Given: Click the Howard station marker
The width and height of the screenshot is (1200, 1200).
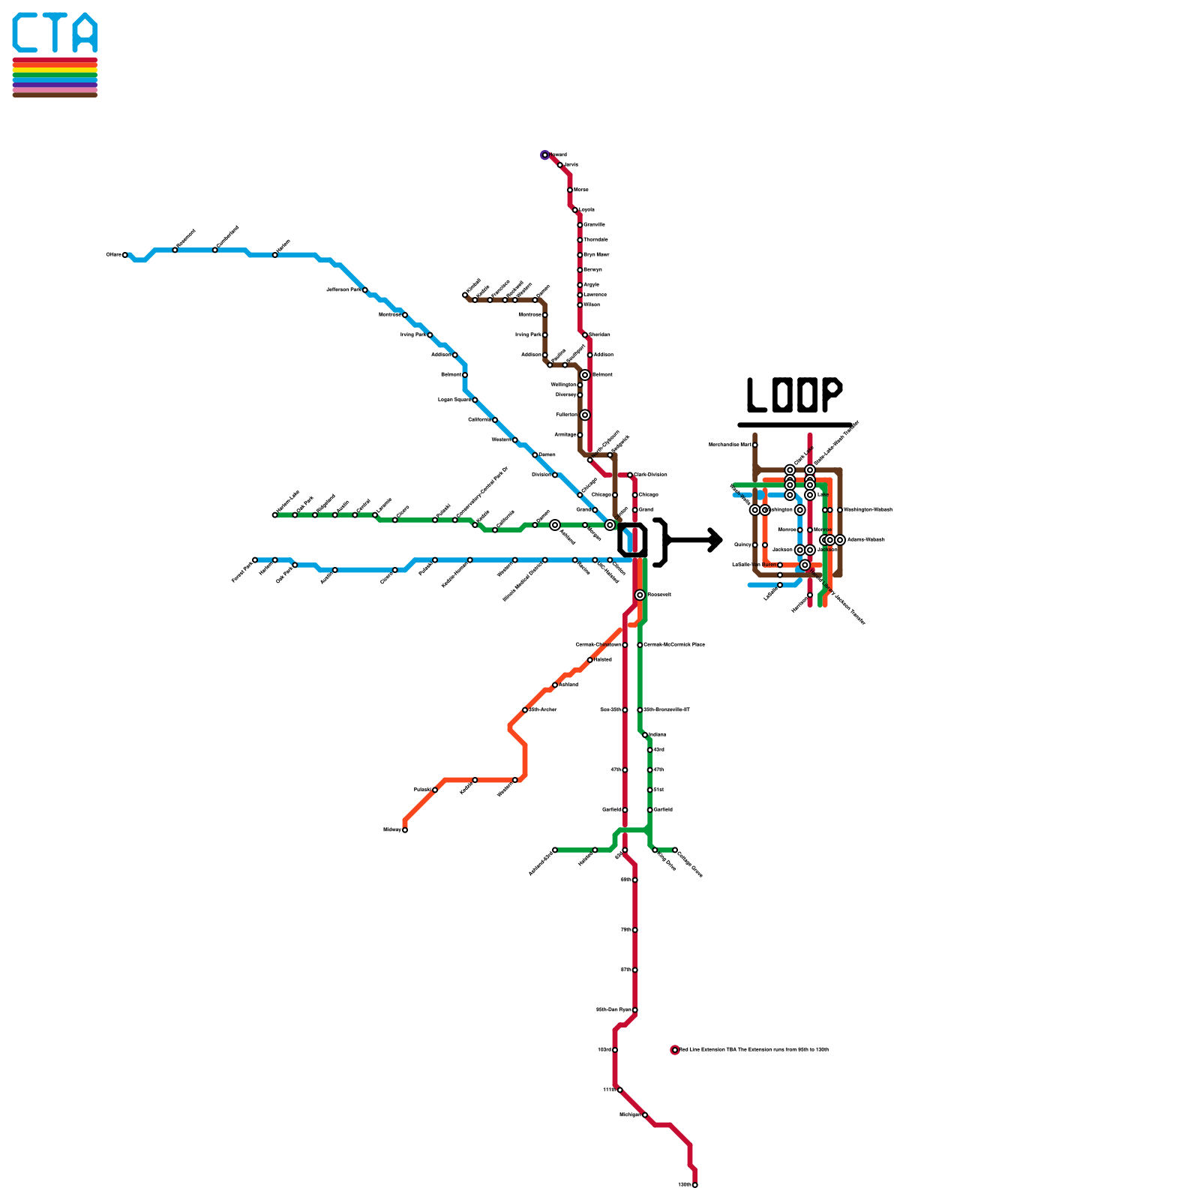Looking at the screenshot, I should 545,155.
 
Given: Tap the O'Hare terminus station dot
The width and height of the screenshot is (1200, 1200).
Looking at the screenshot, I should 125,255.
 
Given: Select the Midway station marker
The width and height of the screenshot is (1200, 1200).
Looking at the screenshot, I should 405,830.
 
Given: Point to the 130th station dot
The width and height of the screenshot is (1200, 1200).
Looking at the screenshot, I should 695,1185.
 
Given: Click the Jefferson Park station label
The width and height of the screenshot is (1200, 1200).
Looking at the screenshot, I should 344,289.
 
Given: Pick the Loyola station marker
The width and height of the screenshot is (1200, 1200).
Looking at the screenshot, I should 575,210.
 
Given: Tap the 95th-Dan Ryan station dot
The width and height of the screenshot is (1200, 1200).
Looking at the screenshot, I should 635,1010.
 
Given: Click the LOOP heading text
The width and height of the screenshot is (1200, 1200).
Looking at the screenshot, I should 795,395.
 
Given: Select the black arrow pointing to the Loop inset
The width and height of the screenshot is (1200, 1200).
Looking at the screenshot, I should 694,540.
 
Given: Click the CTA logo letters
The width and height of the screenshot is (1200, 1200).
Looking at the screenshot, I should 55,33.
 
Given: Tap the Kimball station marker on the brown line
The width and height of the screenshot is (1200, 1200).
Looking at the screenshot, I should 465,295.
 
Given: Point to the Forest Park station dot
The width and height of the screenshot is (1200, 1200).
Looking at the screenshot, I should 255,560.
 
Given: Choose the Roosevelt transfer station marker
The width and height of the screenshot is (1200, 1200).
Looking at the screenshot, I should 640,595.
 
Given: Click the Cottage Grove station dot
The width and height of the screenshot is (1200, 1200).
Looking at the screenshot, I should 675,850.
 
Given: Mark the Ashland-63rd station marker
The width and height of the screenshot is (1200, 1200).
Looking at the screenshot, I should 555,850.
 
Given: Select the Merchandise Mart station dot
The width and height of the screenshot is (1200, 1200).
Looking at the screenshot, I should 755,445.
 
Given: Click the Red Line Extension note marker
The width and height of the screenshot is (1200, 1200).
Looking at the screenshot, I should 675,1050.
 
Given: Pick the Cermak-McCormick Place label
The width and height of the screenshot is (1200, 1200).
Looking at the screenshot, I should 674,645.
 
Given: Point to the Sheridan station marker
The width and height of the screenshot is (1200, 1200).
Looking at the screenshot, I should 585,335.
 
